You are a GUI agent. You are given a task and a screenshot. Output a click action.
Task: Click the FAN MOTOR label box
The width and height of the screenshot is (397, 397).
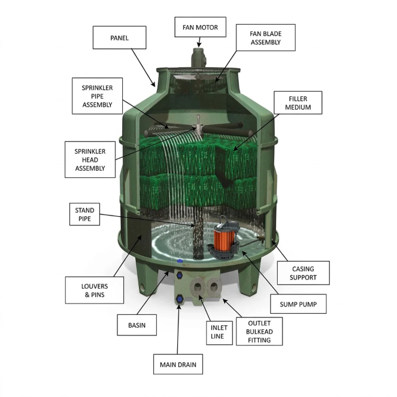click(x=200, y=27)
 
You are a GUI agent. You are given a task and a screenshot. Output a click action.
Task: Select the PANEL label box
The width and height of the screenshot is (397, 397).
click(x=120, y=38)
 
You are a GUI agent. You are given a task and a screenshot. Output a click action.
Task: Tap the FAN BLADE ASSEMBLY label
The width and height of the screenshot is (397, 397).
click(x=266, y=38)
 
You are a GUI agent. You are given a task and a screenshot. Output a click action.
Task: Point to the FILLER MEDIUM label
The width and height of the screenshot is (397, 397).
click(x=298, y=102)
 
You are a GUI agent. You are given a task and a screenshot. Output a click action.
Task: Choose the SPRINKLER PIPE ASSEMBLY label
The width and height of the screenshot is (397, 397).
click(x=97, y=96)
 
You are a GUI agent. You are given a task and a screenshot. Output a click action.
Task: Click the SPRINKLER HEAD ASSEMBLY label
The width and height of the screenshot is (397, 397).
click(x=90, y=159)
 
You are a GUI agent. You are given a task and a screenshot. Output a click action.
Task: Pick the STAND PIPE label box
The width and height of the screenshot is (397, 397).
click(x=84, y=214)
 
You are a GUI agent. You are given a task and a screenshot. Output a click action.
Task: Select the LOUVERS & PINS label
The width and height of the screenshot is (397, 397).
click(x=95, y=290)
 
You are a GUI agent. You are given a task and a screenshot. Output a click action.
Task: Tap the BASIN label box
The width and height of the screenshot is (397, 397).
click(x=137, y=325)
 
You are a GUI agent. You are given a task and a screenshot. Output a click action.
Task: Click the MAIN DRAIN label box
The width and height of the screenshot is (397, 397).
click(x=178, y=364)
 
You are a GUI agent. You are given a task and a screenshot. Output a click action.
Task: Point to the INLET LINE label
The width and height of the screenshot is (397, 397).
click(x=219, y=332)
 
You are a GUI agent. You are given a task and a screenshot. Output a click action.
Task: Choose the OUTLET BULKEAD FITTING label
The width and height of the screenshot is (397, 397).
click(x=259, y=331)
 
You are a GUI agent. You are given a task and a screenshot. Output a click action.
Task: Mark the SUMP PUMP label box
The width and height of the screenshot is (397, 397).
click(x=298, y=304)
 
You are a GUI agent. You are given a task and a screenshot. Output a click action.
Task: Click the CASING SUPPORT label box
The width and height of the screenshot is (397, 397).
click(x=303, y=273)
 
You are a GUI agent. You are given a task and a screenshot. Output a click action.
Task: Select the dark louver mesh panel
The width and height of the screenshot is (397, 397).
click(x=139, y=234)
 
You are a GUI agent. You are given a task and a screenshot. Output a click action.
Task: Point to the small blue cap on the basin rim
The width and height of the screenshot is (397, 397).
click(x=180, y=261)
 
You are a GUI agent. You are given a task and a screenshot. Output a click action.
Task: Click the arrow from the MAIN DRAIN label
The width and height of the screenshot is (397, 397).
click(x=178, y=329)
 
